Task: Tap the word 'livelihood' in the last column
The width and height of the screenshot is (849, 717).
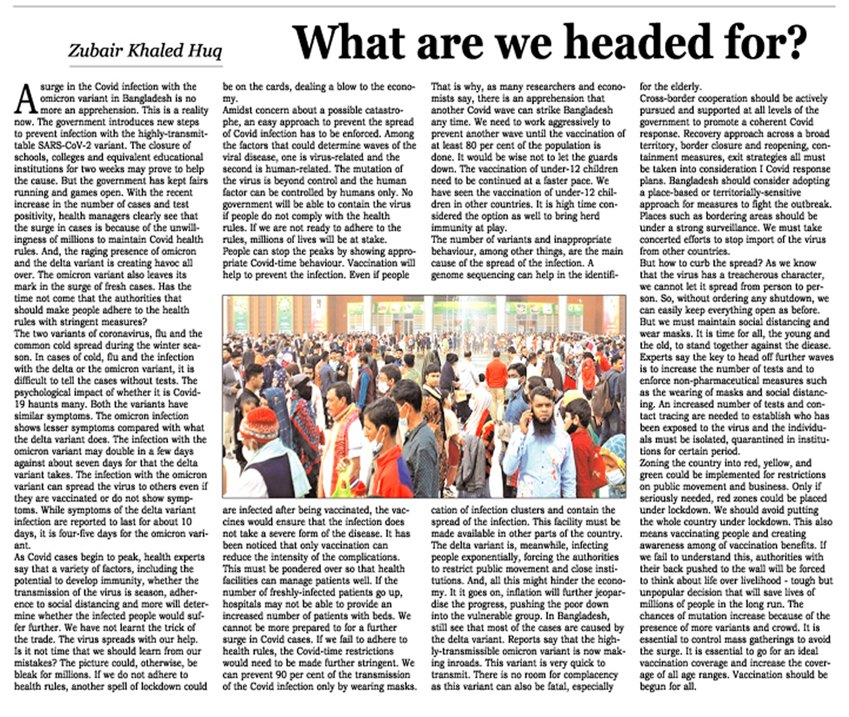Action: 758,581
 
